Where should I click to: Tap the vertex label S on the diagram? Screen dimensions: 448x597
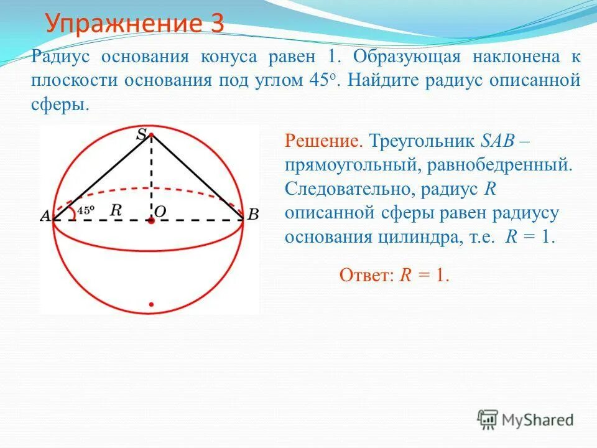pos(143,133)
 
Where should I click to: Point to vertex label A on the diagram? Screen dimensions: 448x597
pos(45,216)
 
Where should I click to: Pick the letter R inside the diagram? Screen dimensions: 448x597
pos(115,210)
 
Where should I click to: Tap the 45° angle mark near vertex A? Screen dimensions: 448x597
pos(85,210)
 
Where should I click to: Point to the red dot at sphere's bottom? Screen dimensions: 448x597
pos(150,305)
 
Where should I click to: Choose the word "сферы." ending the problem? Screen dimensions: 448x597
pos(60,104)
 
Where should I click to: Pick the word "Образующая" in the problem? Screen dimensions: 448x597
pos(406,57)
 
